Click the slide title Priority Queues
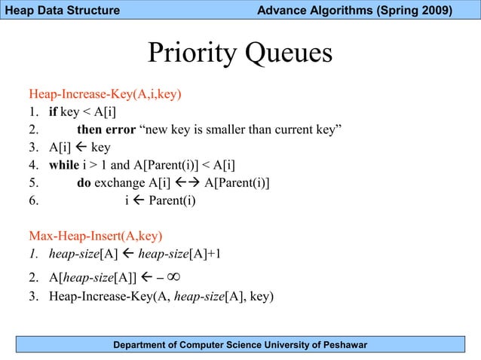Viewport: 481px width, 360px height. tap(240, 53)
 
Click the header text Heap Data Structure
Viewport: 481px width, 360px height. tap(60, 11)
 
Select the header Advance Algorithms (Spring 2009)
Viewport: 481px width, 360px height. tap(354, 11)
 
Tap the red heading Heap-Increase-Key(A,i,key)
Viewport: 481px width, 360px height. tap(105, 95)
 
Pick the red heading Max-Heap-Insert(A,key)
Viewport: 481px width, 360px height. tap(96, 236)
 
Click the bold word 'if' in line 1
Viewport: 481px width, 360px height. tap(53, 113)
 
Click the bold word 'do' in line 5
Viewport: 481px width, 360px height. tap(84, 183)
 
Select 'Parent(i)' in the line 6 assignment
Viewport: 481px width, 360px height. tap(172, 201)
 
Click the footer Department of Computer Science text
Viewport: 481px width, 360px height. tap(240, 345)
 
